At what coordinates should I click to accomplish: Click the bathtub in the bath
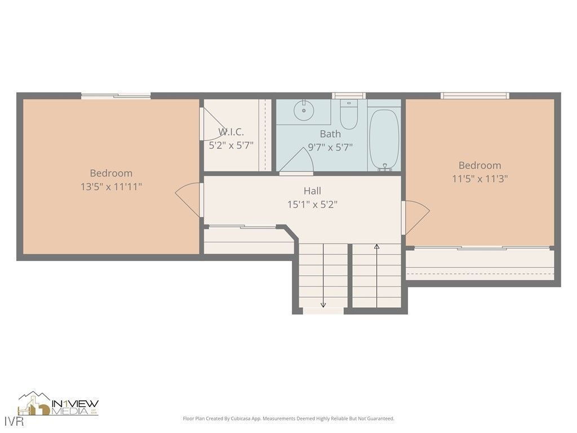tap(384, 138)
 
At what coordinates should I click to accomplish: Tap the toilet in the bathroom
tap(349, 115)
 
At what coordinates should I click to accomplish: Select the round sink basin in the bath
tap(304, 111)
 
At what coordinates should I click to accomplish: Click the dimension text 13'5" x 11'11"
tap(111, 187)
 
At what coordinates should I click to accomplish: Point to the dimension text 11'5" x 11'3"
tap(480, 179)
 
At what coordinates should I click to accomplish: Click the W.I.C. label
tap(231, 132)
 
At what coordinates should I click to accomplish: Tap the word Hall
tap(312, 191)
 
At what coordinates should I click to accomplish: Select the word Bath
tap(330, 134)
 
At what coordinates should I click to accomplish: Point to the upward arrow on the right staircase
tap(376, 246)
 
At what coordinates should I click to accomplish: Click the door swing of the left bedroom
tap(188, 199)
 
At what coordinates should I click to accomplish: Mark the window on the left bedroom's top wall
tap(116, 96)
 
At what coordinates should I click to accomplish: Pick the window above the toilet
tap(348, 96)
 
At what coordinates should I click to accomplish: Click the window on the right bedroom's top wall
tap(475, 96)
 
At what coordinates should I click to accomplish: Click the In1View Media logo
tap(58, 404)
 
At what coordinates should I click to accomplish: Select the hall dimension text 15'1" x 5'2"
tap(312, 205)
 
